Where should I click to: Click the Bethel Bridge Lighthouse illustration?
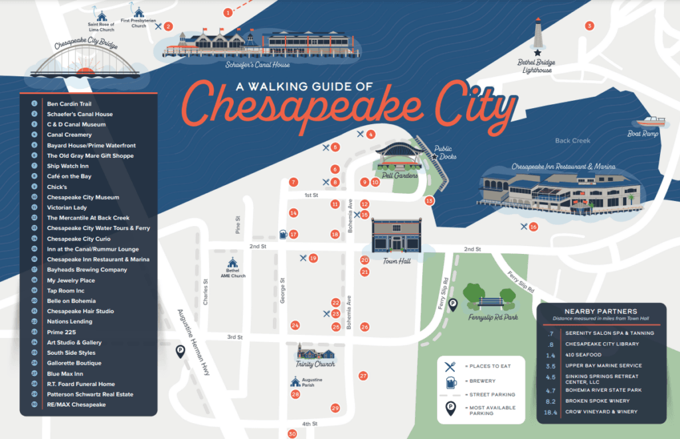(x=538, y=36)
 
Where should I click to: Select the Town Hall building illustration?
(x=396, y=236)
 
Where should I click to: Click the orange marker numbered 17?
(x=294, y=234)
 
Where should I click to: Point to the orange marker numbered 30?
(x=292, y=434)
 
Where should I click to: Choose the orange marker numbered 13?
(x=430, y=200)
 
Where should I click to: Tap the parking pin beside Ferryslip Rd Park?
(x=454, y=304)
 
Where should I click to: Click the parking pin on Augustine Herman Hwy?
(x=179, y=351)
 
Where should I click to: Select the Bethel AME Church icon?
(x=232, y=263)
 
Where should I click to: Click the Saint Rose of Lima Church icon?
(x=102, y=16)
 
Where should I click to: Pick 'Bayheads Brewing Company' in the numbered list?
(x=87, y=270)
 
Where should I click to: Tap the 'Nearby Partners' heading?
(x=600, y=311)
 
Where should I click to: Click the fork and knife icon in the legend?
(x=451, y=365)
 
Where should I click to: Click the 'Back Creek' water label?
(x=572, y=141)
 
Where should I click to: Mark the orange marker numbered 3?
(x=588, y=26)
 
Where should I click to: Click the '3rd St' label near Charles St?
(x=234, y=337)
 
